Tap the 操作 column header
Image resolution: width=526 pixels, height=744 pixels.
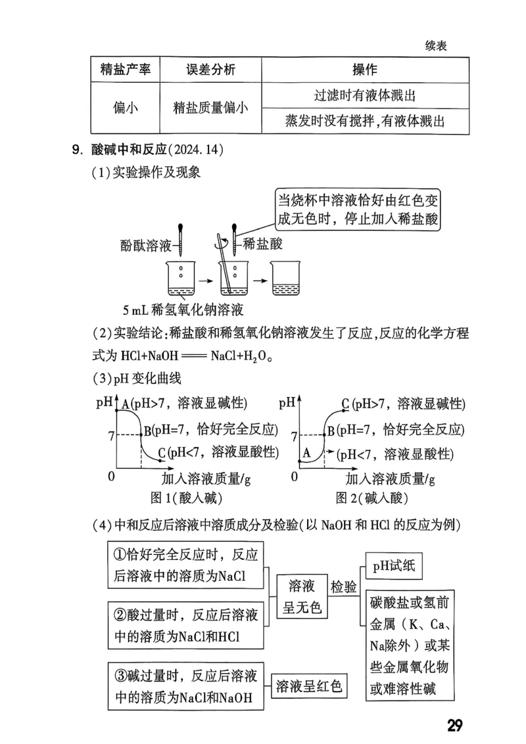click(x=365, y=70)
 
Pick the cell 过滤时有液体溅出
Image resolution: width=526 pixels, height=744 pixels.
click(x=365, y=96)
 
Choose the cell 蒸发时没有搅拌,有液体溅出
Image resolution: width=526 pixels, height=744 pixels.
click(x=365, y=121)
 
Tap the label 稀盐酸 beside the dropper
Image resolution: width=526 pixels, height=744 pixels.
click(x=263, y=244)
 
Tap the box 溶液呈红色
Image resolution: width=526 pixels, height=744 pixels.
click(x=310, y=687)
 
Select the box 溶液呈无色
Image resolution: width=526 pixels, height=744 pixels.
click(x=302, y=596)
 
